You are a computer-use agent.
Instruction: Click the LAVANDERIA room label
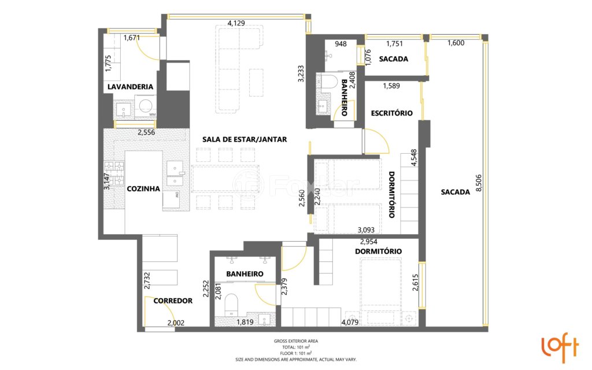pyautogui.click(x=130, y=87)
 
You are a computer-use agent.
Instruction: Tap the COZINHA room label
pyautogui.click(x=143, y=188)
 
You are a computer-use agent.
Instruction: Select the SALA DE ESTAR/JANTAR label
pyautogui.click(x=245, y=139)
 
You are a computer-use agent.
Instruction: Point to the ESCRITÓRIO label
pyautogui.click(x=391, y=113)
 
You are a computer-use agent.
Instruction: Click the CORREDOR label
pyautogui.click(x=173, y=301)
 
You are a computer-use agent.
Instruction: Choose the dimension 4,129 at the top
pyautogui.click(x=236, y=23)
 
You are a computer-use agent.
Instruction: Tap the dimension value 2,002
pyautogui.click(x=175, y=323)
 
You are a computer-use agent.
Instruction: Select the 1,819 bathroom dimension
pyautogui.click(x=245, y=323)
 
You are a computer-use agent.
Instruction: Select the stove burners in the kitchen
pyautogui.click(x=115, y=168)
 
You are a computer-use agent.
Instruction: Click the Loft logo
pyautogui.click(x=559, y=346)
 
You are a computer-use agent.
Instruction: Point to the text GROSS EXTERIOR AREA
pyautogui.click(x=295, y=341)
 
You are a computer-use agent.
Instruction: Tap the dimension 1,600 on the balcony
pyautogui.click(x=456, y=43)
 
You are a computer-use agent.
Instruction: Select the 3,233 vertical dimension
pyautogui.click(x=301, y=73)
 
